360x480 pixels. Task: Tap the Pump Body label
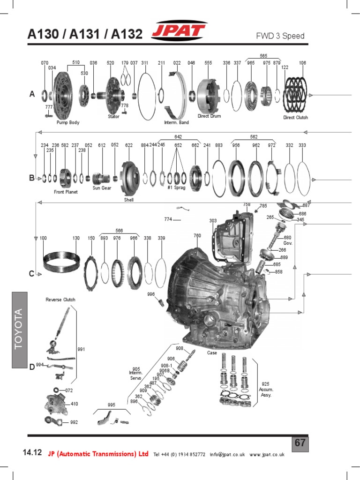[x=68, y=123]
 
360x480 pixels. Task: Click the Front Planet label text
[x=66, y=192]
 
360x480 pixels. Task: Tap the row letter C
[x=32, y=274]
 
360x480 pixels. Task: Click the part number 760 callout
[x=197, y=235]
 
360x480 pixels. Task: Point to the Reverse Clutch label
[x=60, y=300]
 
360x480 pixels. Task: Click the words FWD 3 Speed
[x=286, y=36]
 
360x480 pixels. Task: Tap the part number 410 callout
[x=74, y=403]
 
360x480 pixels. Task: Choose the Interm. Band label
[x=176, y=123]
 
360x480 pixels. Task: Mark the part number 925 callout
[x=265, y=383]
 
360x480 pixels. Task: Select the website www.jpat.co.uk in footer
[x=267, y=454]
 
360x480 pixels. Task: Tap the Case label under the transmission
[x=212, y=352]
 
